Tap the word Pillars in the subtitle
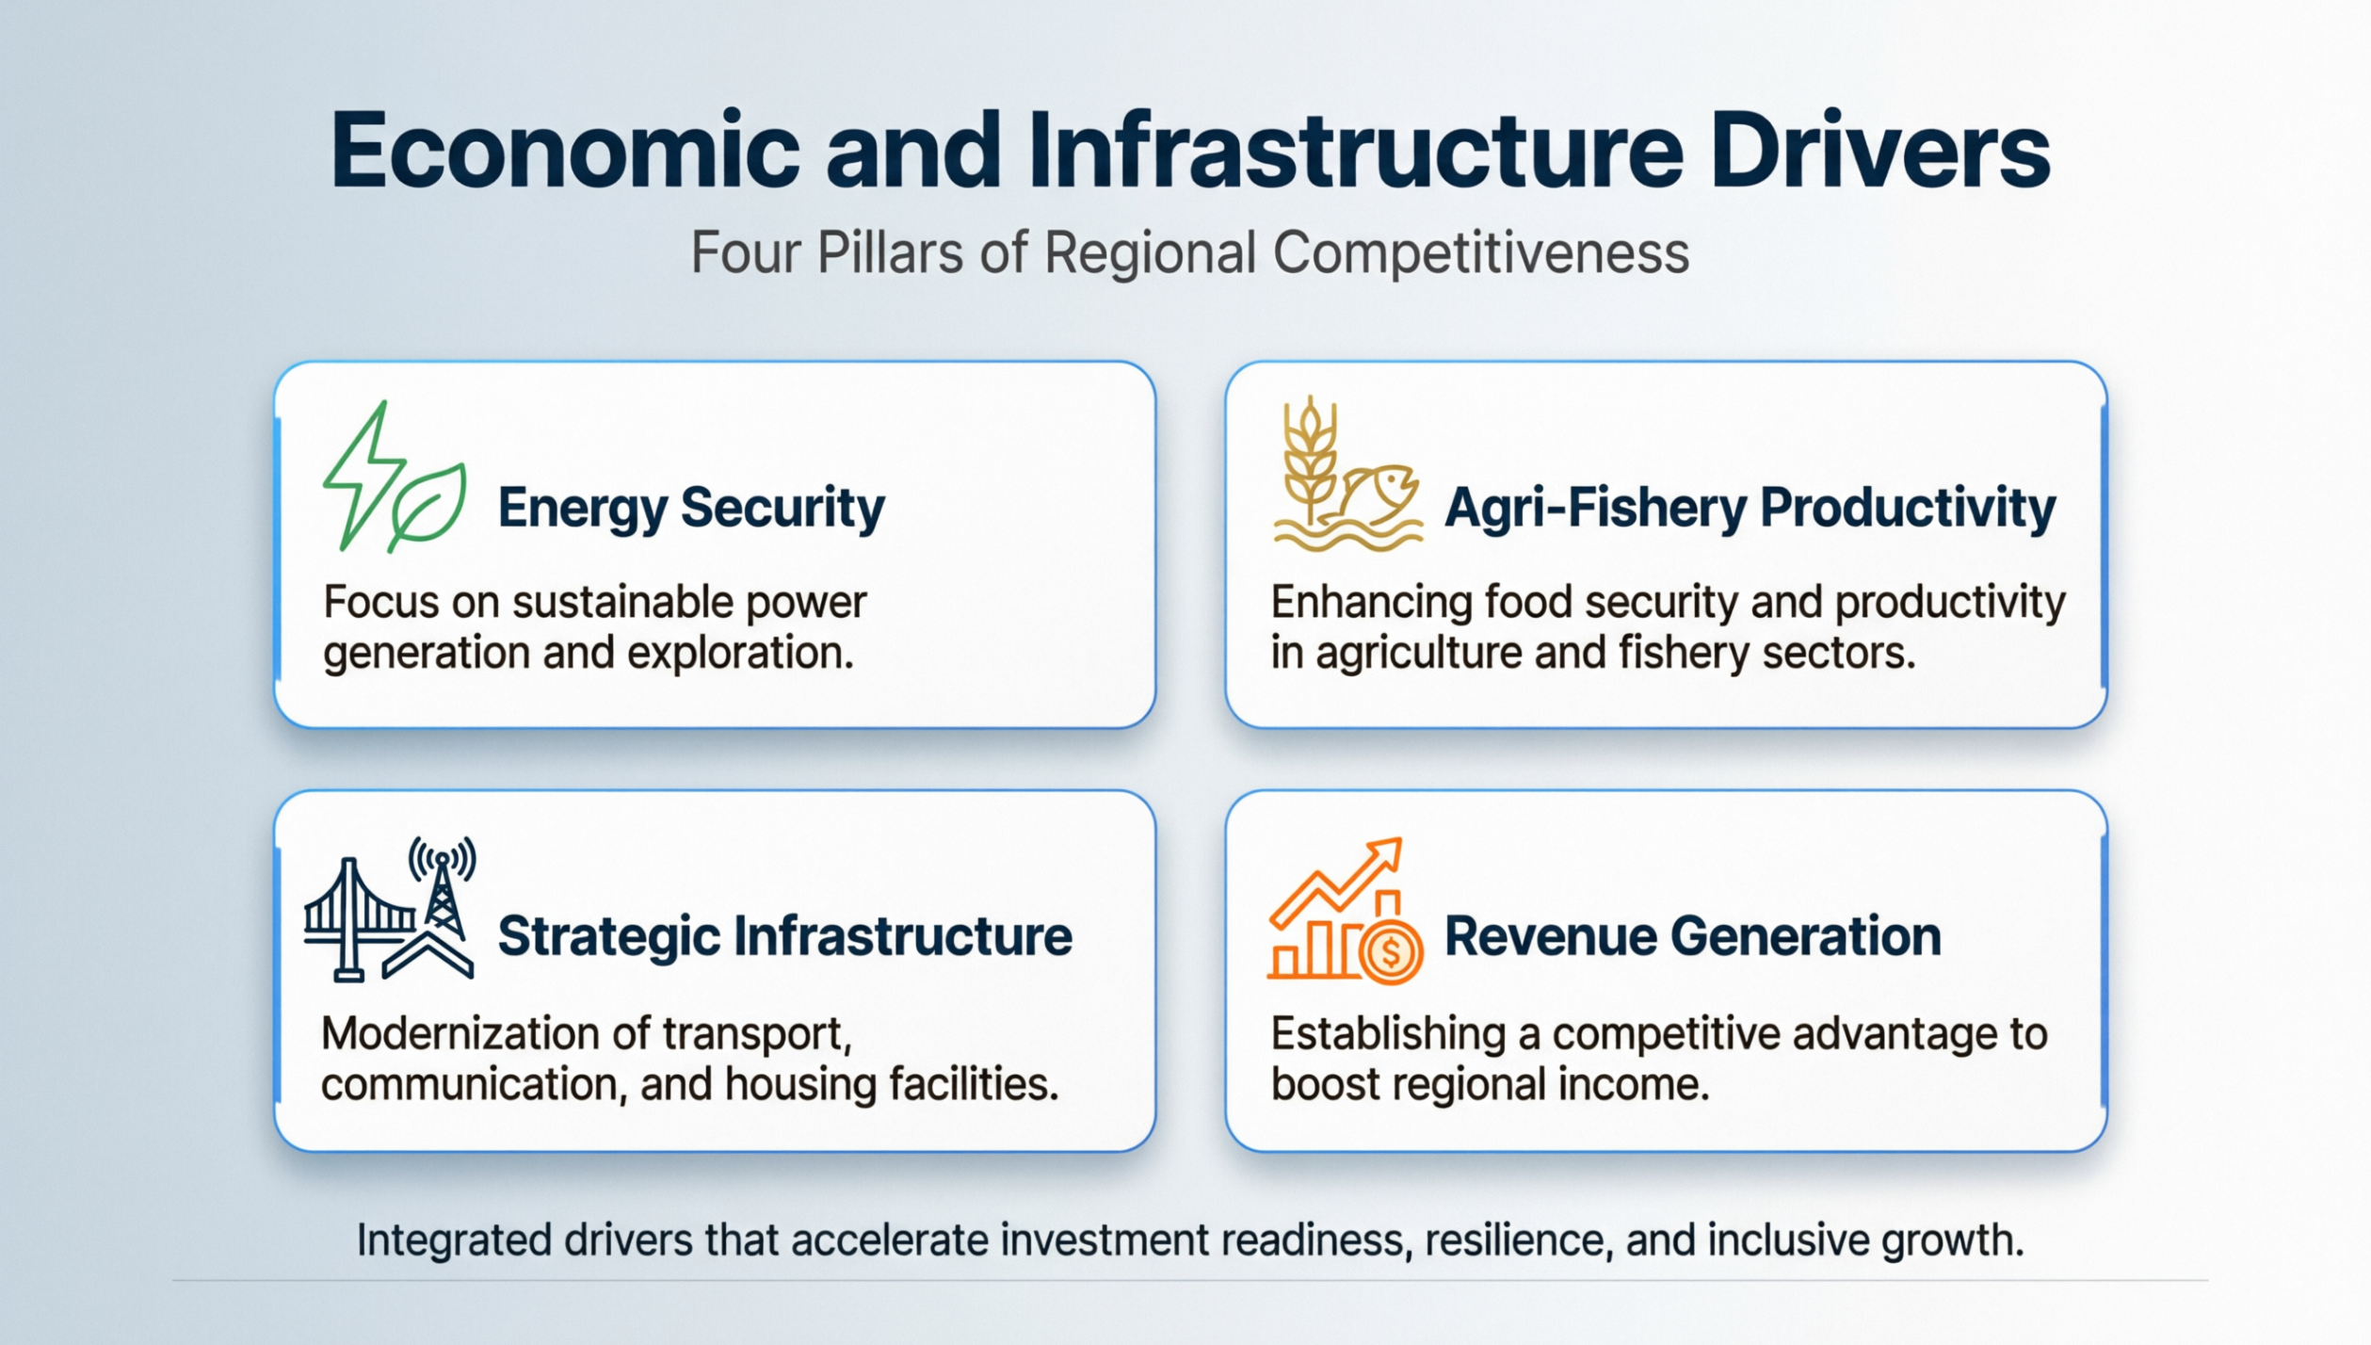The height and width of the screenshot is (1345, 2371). point(890,252)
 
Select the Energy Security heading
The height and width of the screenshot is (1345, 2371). point(690,508)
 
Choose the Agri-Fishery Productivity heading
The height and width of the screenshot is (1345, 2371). point(1750,508)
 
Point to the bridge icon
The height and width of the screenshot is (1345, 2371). point(353,918)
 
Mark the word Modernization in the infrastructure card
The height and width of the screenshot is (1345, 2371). point(466,1034)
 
